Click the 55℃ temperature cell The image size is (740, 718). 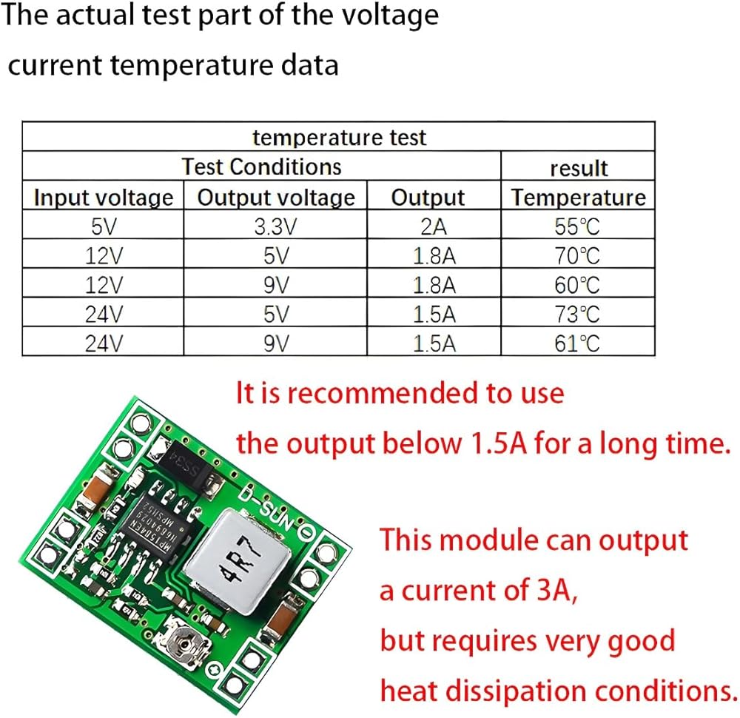[577, 226]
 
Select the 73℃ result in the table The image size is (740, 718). [577, 314]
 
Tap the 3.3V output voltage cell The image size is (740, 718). [275, 226]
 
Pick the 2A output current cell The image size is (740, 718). [428, 226]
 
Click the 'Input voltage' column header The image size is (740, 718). [104, 198]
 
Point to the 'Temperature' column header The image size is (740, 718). [578, 198]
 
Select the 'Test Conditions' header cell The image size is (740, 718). [262, 166]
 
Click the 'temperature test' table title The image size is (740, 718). [339, 137]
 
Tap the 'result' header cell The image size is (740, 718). [578, 168]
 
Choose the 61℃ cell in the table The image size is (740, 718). [577, 343]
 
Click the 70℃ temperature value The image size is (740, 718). [577, 255]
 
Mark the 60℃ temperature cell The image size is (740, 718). [577, 284]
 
